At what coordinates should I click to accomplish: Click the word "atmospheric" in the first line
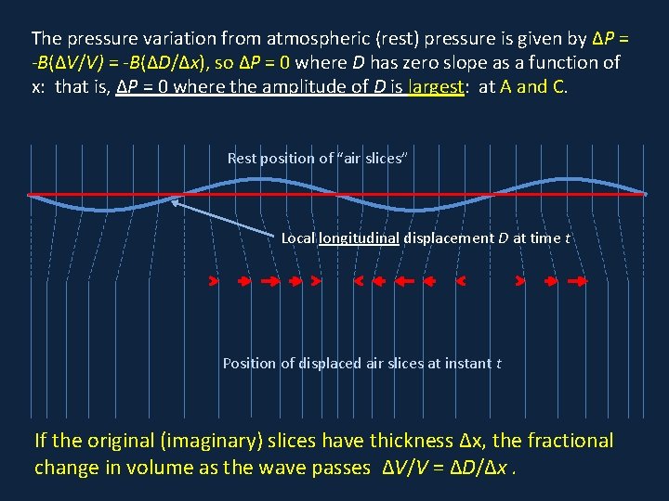[x=310, y=39]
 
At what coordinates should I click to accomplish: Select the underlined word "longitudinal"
[x=359, y=238]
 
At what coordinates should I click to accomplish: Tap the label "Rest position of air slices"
[x=317, y=159]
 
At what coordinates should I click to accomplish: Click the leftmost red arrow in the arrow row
[x=214, y=280]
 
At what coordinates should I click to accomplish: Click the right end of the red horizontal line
[x=645, y=195]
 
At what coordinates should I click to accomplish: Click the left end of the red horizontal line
[x=29, y=195]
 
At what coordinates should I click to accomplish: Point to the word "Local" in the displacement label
[x=298, y=238]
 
